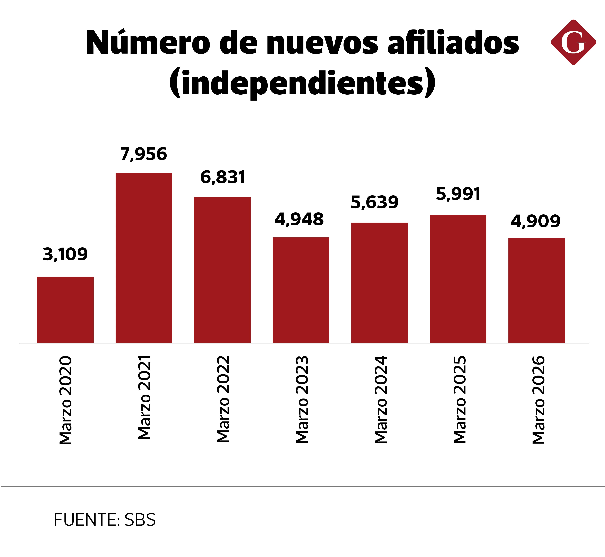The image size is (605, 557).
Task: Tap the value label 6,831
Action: click(223, 177)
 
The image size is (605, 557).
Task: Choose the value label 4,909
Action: click(535, 222)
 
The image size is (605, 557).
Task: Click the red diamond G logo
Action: click(573, 42)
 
